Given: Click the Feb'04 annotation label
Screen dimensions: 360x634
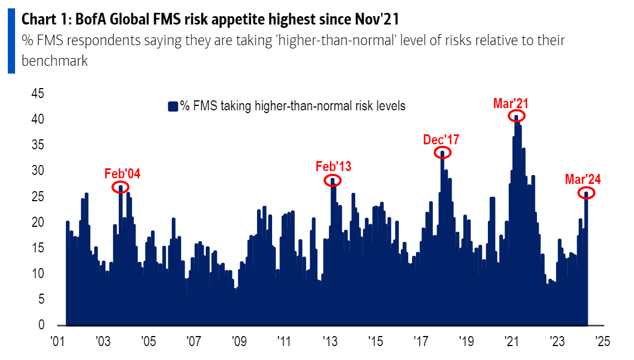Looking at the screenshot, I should tap(122, 173).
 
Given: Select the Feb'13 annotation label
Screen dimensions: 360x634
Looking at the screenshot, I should tap(333, 166).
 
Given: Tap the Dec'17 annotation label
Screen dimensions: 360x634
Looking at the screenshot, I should tap(441, 139).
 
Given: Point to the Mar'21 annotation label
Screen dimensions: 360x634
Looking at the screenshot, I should tap(511, 103).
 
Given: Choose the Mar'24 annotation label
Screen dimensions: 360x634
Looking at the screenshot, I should tap(583, 179).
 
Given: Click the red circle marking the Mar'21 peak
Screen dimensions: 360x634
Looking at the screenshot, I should tap(517, 116).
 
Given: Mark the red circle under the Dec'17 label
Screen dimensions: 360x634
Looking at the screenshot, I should tap(443, 152).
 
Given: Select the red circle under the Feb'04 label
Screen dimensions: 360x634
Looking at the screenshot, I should tap(120, 187).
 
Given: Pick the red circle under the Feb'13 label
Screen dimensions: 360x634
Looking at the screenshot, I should tap(333, 180).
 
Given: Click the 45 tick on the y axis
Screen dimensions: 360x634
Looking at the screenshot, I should tap(37, 94).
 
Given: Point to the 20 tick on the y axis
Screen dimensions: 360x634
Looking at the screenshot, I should tap(37, 222).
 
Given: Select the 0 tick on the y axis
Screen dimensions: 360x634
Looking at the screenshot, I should tap(41, 325).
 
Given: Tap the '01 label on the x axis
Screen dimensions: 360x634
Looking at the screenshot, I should tap(56, 341).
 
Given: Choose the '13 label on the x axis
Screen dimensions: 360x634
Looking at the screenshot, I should tap(330, 341).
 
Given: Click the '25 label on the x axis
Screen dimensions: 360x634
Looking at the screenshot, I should tap(603, 341).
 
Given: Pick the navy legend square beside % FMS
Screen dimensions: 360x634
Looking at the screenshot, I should tap(173, 106).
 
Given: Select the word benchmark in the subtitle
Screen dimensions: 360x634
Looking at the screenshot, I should tap(55, 61).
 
